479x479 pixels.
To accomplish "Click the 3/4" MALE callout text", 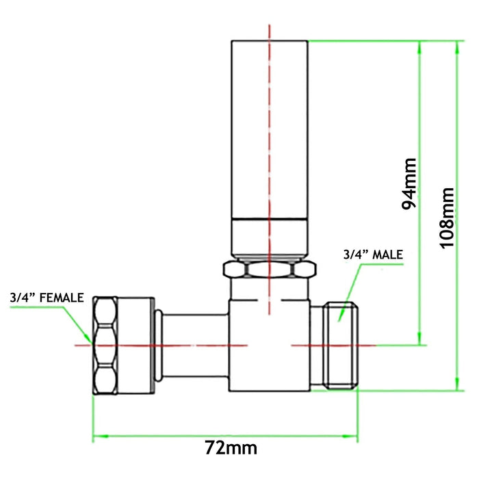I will [x=372, y=255].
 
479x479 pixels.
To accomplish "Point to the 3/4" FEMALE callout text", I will [x=47, y=298].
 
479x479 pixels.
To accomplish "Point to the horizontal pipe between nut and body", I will [x=195, y=345].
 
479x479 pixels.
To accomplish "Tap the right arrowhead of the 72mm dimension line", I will [x=354, y=435].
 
